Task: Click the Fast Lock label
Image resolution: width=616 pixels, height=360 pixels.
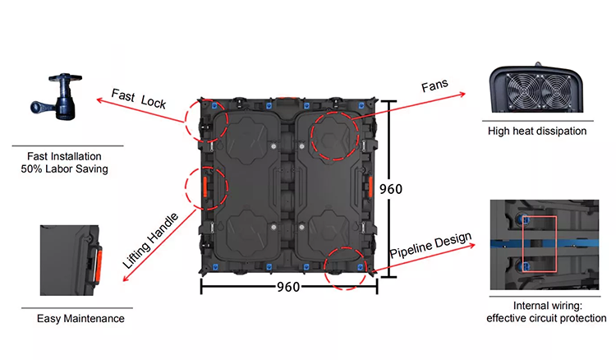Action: click(x=138, y=99)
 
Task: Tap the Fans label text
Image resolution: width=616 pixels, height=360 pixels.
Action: click(x=434, y=85)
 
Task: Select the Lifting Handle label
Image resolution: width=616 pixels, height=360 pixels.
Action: click(x=150, y=241)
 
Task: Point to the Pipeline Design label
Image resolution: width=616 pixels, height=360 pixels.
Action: click(x=430, y=245)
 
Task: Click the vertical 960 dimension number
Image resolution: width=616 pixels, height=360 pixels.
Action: click(x=391, y=189)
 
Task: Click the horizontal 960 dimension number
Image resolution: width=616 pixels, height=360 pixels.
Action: click(x=288, y=287)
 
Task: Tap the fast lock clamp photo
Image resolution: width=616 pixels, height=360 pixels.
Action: click(x=57, y=96)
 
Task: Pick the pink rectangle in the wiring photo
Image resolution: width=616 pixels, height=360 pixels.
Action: click(x=540, y=243)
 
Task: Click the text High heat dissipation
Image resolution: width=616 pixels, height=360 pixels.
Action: click(x=537, y=131)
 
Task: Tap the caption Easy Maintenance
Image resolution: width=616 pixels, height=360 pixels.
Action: click(x=80, y=318)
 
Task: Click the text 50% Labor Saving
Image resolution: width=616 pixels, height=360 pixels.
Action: click(x=64, y=169)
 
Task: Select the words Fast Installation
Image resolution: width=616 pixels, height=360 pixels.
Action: click(x=64, y=156)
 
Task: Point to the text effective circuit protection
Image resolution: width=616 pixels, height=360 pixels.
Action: click(x=546, y=318)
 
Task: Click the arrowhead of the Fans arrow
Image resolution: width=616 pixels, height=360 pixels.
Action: click(x=462, y=94)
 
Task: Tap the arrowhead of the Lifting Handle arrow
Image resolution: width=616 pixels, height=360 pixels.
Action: click(x=126, y=278)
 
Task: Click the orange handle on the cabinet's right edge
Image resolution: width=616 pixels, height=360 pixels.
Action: click(x=370, y=187)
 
